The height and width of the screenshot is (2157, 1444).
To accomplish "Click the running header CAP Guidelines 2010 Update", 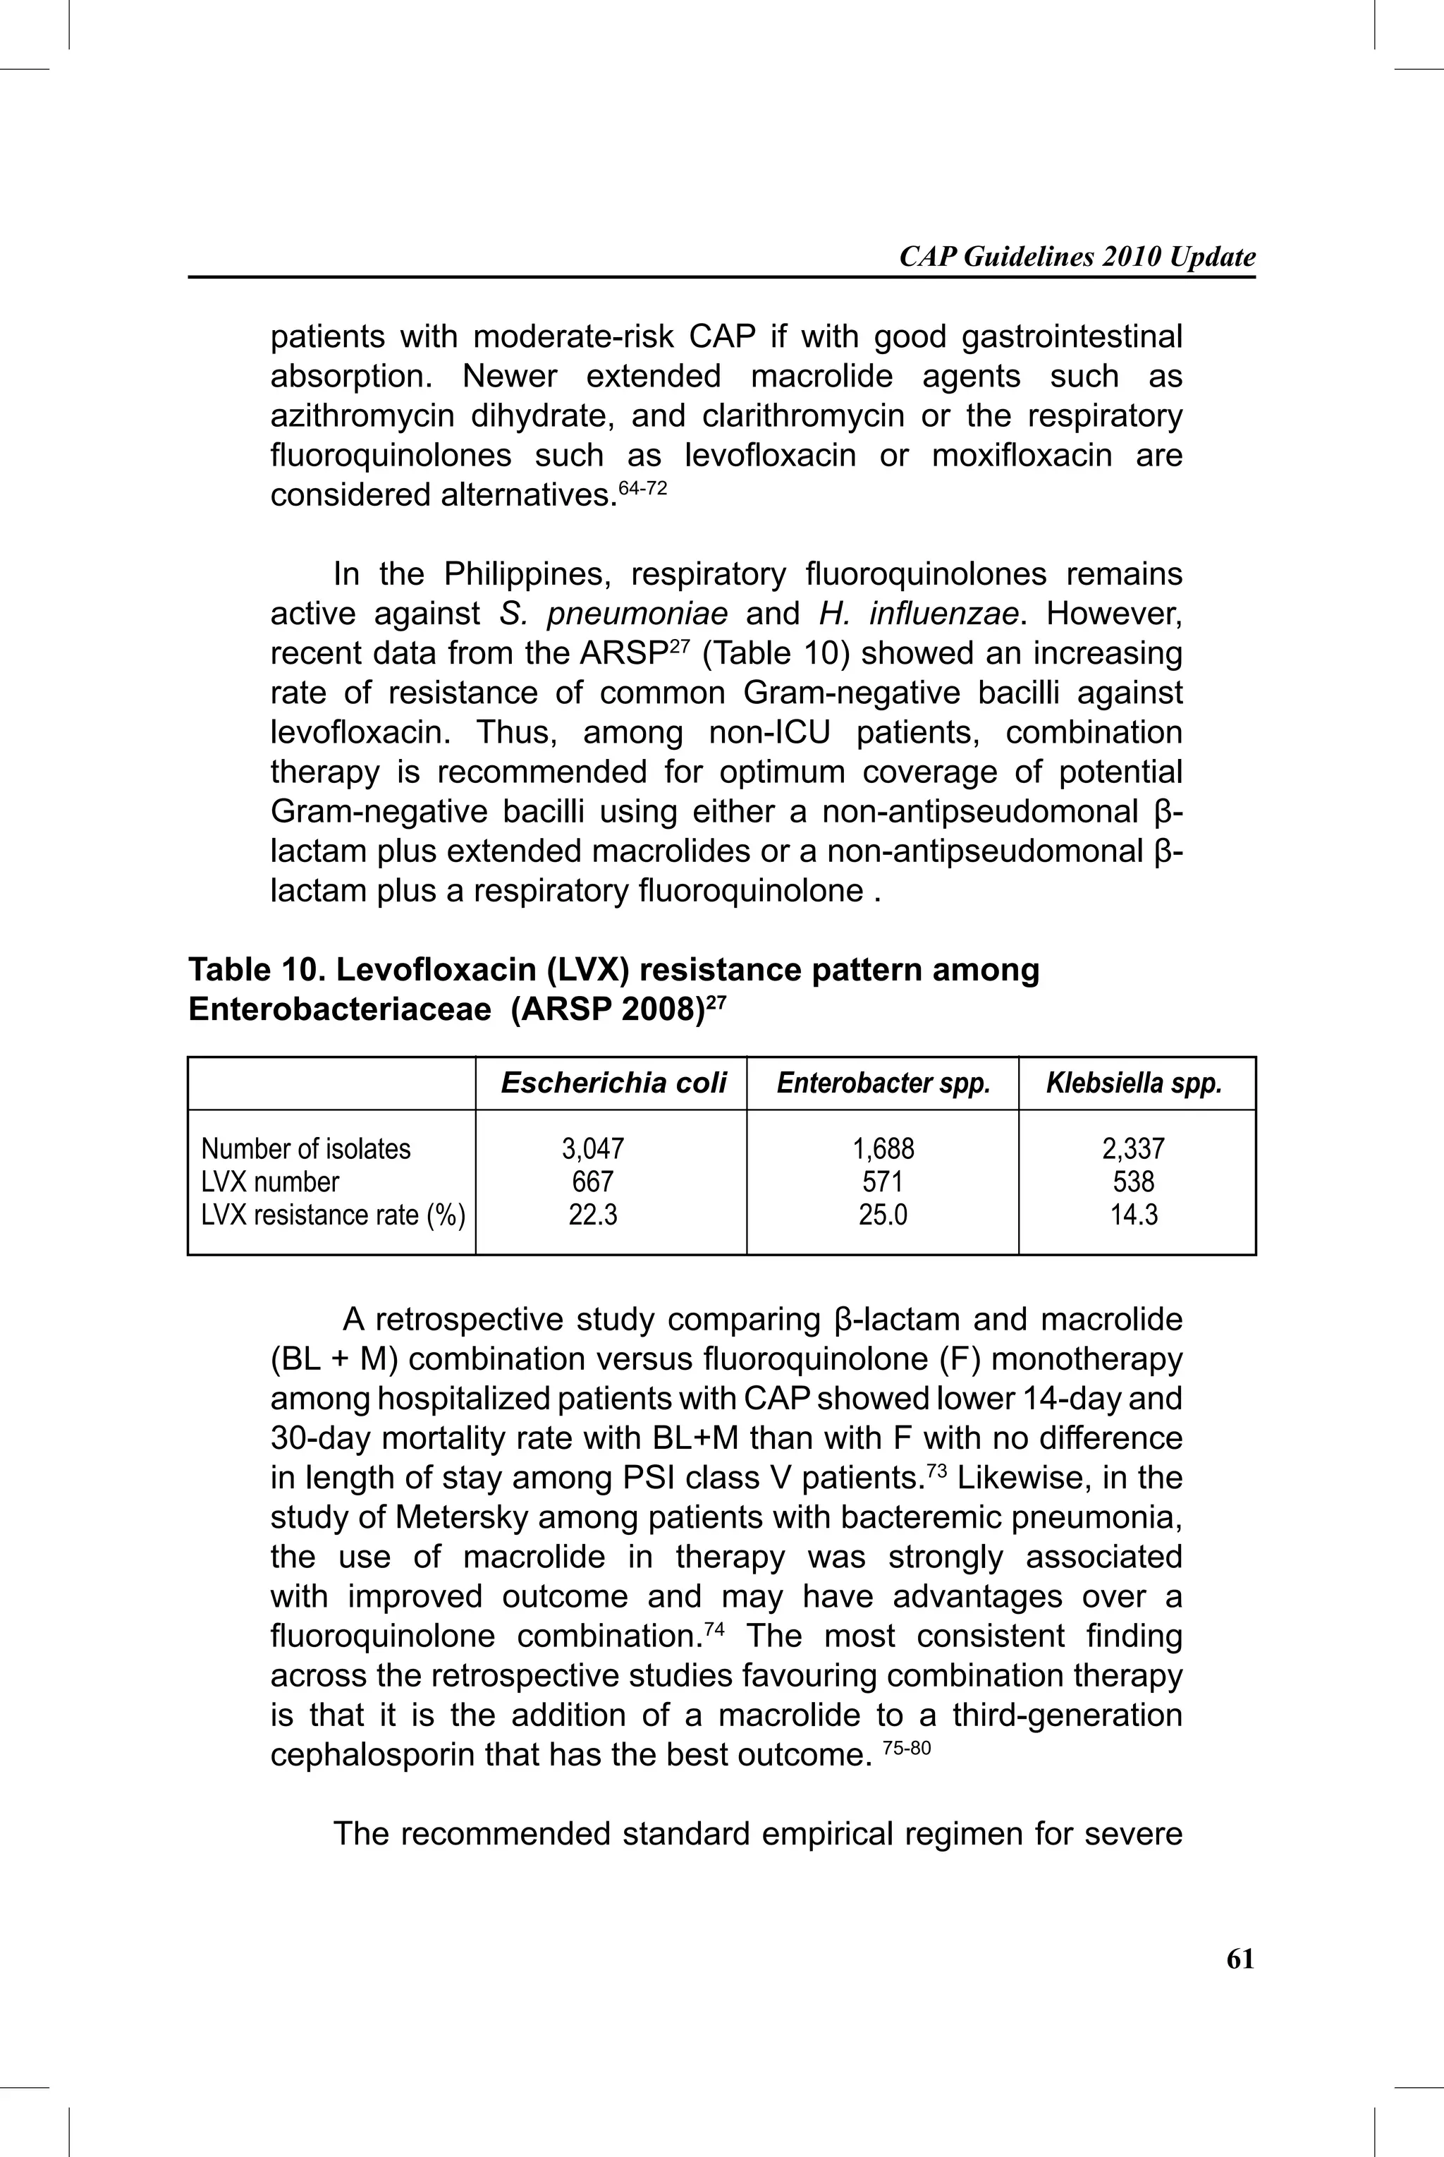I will tap(1077, 257).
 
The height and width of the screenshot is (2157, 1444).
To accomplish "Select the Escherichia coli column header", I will tap(613, 1083).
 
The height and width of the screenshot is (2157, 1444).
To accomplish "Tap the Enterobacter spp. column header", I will tap(882, 1083).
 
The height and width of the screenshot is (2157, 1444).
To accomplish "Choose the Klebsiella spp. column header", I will tap(1134, 1083).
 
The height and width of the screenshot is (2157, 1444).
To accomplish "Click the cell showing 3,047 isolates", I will tap(593, 1148).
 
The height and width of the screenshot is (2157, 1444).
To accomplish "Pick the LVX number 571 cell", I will tap(882, 1181).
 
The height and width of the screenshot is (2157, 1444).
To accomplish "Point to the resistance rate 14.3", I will tap(1134, 1215).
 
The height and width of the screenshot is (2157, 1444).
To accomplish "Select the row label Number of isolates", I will tap(306, 1148).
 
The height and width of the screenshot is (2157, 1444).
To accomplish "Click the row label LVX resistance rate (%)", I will tap(333, 1215).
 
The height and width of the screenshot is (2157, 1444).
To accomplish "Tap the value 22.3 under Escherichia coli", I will tap(593, 1215).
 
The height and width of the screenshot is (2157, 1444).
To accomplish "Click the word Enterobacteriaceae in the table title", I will tap(339, 1010).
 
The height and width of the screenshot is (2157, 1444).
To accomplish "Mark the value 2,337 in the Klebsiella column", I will tap(1134, 1148).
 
